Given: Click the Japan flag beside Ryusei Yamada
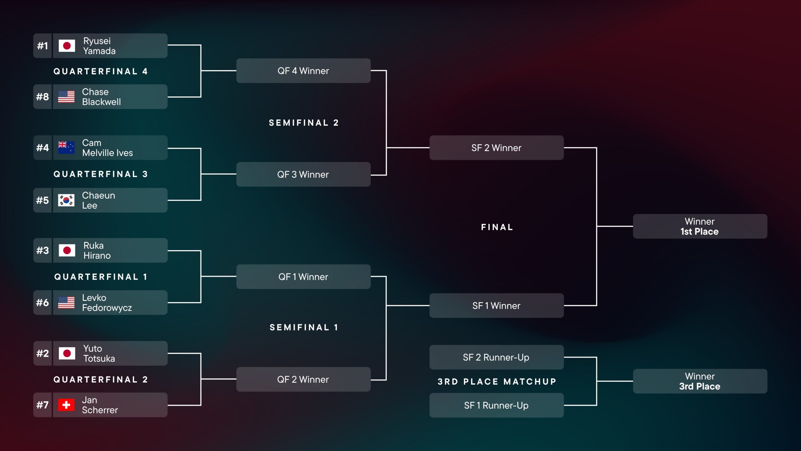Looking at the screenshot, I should [x=67, y=46].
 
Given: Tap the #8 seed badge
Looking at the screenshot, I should [x=43, y=97].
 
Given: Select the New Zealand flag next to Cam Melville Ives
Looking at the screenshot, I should [x=66, y=148].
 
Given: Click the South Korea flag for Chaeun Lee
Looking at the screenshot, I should [x=66, y=200].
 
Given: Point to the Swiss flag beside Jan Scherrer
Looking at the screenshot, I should [x=66, y=405].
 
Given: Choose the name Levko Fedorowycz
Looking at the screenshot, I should [x=107, y=303].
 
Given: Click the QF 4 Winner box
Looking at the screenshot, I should [x=303, y=71].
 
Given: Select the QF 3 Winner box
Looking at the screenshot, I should [x=303, y=174].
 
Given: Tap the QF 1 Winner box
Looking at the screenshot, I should [x=303, y=277].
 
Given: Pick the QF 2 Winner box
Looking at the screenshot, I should [x=303, y=380].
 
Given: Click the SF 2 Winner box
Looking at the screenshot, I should [x=496, y=148].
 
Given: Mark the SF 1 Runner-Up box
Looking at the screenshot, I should [x=496, y=406].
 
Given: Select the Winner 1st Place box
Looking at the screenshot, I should [x=700, y=226].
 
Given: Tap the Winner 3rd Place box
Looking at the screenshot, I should [x=700, y=381].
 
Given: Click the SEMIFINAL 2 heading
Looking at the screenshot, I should [x=304, y=123].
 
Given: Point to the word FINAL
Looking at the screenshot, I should [x=497, y=227].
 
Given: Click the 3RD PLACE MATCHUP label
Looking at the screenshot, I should [x=497, y=381].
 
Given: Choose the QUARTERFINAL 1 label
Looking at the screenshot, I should [x=101, y=277].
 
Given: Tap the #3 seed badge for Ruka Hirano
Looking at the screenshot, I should [x=43, y=251].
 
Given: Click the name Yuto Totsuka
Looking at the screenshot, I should [x=99, y=354].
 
